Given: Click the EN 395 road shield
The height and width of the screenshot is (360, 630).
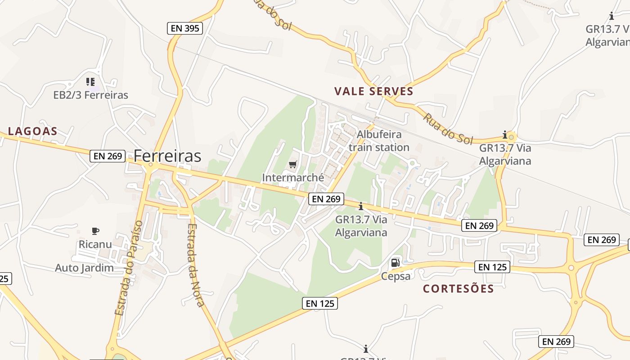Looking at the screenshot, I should pos(185,28).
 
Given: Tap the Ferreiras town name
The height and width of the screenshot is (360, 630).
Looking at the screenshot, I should pos(167,156).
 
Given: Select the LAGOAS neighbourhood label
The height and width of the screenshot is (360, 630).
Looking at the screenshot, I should pos(33,131).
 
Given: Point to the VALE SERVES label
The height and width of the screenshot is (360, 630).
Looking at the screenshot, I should pos(373,91).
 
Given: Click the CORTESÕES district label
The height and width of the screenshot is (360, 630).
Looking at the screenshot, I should pos(458,288).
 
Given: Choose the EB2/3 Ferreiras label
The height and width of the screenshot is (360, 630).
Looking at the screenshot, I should pos(90,95).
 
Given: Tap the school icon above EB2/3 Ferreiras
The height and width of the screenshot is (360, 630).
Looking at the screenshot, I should pos(90,82).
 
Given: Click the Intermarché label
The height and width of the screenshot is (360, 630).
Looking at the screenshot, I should pos(293,177).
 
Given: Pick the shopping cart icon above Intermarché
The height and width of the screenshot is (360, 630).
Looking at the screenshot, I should pos(293,165).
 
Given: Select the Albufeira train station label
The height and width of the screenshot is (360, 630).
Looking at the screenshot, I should pos(379,141).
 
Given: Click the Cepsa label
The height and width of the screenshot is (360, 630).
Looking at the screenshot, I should pos(396,276).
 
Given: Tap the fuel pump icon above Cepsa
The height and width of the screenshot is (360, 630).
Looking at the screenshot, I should pos(395,263).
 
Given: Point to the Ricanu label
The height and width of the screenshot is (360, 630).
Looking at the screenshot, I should pos(95,244).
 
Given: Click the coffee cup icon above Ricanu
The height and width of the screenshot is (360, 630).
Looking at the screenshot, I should pos(95,231).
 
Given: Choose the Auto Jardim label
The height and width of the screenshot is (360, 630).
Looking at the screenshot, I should pos(84,268).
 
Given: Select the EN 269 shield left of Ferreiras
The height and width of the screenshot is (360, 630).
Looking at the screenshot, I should pos(108,156).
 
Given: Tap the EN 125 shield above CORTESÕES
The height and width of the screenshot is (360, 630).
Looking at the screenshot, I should pos(492,267).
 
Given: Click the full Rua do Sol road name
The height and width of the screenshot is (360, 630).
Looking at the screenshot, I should pos(447,129).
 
